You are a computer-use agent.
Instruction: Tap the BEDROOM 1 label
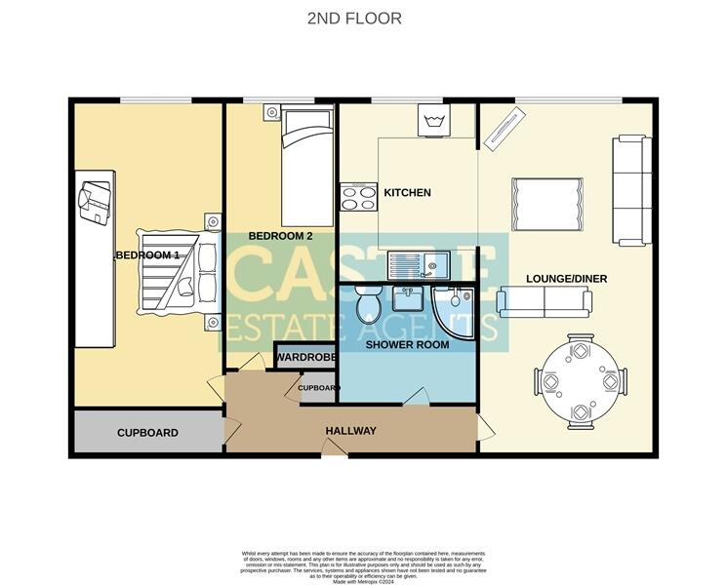pyautogui.click(x=147, y=255)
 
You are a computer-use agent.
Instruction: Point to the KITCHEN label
pyautogui.click(x=407, y=193)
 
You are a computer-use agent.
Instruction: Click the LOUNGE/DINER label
pyautogui.click(x=566, y=279)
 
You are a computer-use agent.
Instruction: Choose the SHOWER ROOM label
pyautogui.click(x=407, y=344)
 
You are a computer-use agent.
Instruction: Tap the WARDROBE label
pyautogui.click(x=306, y=358)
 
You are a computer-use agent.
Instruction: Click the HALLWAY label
pyautogui.click(x=350, y=432)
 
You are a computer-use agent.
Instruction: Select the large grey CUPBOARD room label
pyautogui.click(x=147, y=433)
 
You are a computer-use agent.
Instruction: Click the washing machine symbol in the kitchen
pyautogui.click(x=433, y=123)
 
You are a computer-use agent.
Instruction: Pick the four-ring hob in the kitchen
pyautogui.click(x=358, y=198)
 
